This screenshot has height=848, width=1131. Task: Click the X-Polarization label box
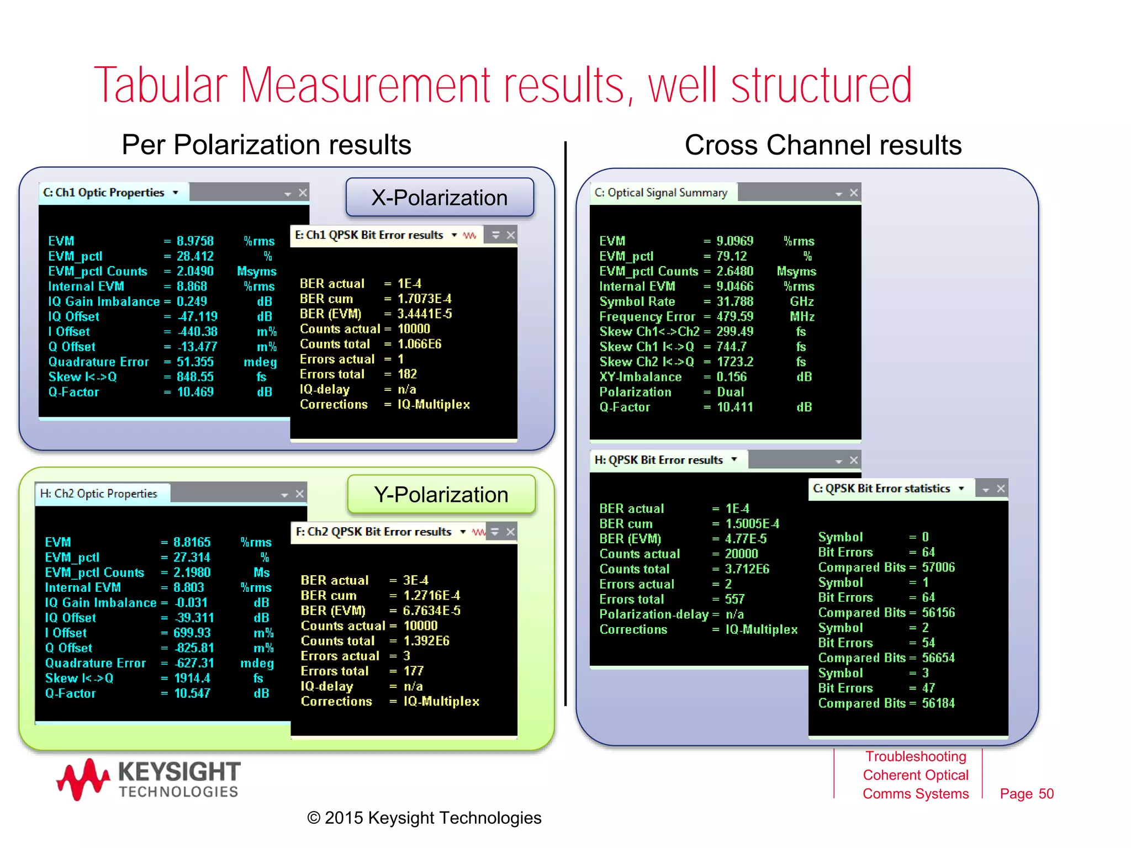click(x=440, y=198)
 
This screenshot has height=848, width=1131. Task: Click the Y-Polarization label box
click(x=441, y=494)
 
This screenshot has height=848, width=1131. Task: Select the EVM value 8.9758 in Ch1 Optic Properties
click(x=195, y=241)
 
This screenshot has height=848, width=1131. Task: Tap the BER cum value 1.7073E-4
click(x=424, y=299)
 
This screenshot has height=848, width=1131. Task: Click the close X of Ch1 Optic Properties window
click(x=303, y=193)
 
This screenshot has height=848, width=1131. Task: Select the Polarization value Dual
click(x=730, y=392)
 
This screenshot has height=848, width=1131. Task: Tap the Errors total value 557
click(x=734, y=599)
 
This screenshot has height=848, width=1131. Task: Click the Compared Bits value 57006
click(x=938, y=567)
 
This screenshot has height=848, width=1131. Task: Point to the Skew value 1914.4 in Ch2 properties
click(x=192, y=678)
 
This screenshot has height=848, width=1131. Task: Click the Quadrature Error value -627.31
click(x=194, y=663)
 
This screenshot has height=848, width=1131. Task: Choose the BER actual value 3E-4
click(x=415, y=580)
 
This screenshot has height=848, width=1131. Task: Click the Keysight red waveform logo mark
click(x=83, y=778)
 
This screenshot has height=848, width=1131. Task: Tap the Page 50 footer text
click(x=1026, y=793)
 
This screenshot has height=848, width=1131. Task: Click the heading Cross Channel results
click(x=823, y=145)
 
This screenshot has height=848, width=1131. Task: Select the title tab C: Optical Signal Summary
click(x=662, y=193)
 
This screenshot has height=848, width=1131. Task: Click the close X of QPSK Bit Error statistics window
click(x=1001, y=489)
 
